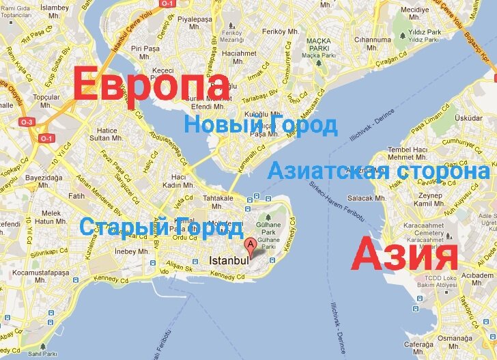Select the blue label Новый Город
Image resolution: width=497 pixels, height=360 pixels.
coord(261,126)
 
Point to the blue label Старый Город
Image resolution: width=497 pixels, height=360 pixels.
coord(160,227)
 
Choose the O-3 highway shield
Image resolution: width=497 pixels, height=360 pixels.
coord(27,122)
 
